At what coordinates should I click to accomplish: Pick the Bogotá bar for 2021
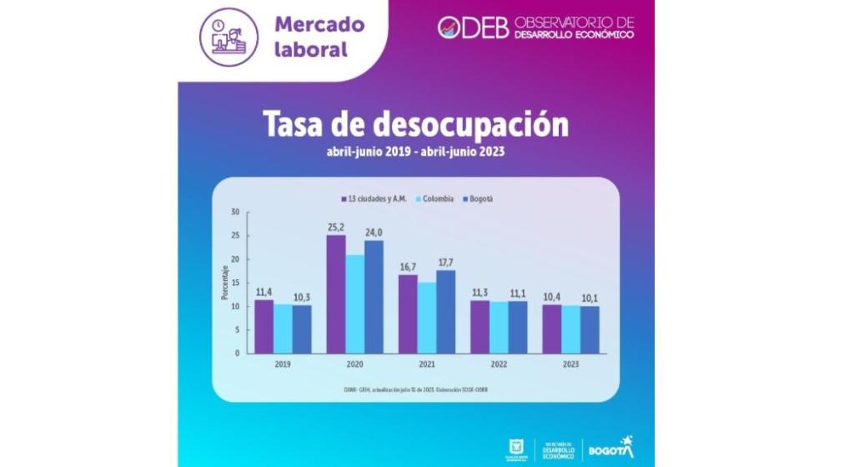pyautogui.click(x=446, y=311)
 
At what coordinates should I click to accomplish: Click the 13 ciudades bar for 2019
pyautogui.click(x=264, y=326)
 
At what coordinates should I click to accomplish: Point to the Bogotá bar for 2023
pyautogui.click(x=590, y=329)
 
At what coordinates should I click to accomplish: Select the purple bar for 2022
pyautogui.click(x=480, y=326)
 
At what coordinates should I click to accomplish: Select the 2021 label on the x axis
pyautogui.click(x=427, y=364)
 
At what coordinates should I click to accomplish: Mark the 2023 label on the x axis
pyautogui.click(x=570, y=364)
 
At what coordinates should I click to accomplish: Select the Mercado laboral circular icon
pyautogui.click(x=229, y=37)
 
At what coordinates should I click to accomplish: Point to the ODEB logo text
pyautogui.click(x=474, y=27)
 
